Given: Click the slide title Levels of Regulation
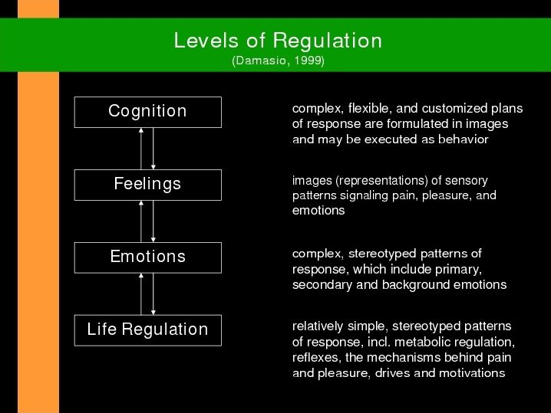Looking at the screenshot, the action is point(278,41).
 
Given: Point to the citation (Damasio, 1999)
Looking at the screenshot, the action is point(278,61).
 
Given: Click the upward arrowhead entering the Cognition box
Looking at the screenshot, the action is point(141,130).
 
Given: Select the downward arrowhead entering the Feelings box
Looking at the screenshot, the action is point(153,167).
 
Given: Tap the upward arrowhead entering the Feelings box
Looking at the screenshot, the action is point(141,203).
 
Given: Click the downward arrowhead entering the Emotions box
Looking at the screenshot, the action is point(153,240).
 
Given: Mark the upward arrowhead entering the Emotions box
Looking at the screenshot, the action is point(141,275).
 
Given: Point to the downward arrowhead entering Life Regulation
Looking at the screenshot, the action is point(153,313).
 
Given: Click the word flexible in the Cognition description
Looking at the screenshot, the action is point(370,109).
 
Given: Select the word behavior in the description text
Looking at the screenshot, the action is point(464,139).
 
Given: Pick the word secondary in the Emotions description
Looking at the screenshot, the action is point(322,284).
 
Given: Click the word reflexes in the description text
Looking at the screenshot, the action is point(317,358).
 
